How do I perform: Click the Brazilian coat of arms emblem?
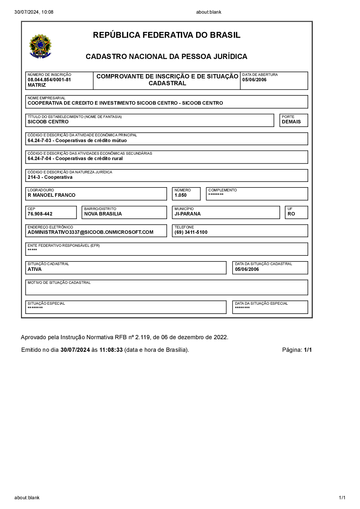pos(40,46)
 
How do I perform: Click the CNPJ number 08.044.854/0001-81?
pos(49,80)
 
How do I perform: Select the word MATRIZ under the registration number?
pos(37,85)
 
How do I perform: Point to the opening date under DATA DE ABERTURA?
pos(254,80)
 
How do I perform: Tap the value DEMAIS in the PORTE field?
pos(291,122)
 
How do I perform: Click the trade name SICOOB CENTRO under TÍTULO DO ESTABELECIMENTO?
pos(48,122)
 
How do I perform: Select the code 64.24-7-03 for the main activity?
pos(40,141)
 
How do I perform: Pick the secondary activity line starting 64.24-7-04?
pos(75,159)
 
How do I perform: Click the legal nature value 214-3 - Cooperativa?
pos(50,177)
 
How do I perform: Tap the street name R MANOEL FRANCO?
pos(51,195)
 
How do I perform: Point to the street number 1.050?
pos(181,195)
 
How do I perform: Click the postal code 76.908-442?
pos(40,214)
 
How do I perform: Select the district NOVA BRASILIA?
pos(103,214)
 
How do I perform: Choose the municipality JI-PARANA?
pos(188,214)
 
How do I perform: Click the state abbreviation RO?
pos(291,214)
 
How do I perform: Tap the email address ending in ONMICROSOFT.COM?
pos(90,232)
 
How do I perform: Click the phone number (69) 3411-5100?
pos(191,232)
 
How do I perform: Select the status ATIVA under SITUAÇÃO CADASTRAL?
pos(35,269)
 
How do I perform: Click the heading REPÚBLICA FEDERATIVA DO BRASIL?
pos(167,35)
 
